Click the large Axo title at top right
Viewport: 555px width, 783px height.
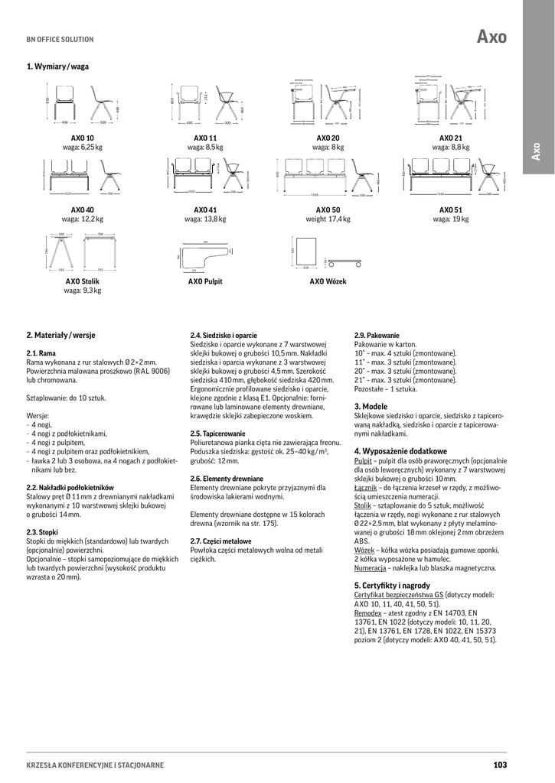pos(491,36)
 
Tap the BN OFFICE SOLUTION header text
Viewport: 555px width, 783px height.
pos(60,39)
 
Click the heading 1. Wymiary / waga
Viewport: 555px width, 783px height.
pos(57,67)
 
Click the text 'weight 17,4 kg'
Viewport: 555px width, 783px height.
pos(328,219)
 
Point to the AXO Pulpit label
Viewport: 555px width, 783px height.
pos(205,281)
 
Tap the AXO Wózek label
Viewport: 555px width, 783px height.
pos(328,281)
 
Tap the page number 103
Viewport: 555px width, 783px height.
pos(501,765)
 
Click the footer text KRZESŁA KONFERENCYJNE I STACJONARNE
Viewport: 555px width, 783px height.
pos(95,765)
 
